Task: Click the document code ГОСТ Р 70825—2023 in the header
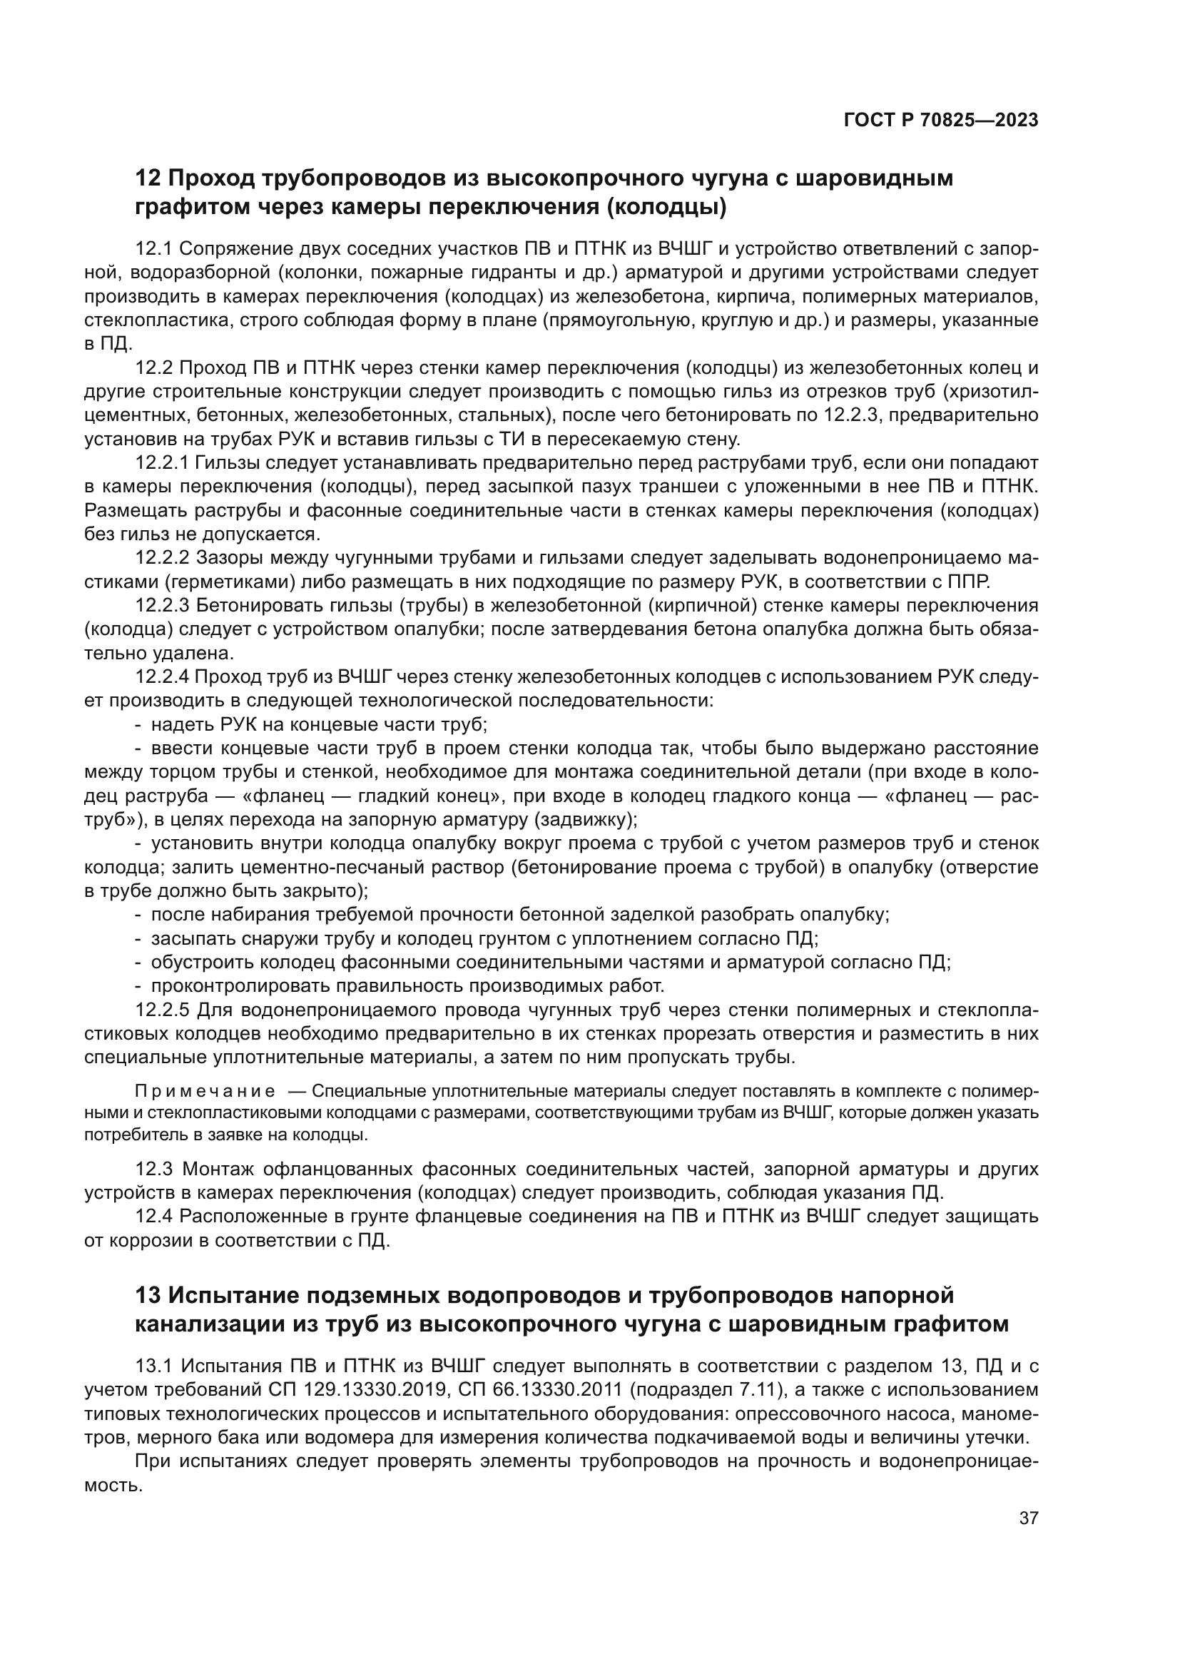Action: (x=940, y=121)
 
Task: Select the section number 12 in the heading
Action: (x=148, y=178)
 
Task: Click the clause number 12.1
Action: (x=153, y=249)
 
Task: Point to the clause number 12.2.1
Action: (x=162, y=463)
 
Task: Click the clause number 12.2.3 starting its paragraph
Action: (x=162, y=606)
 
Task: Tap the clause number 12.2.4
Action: (x=162, y=676)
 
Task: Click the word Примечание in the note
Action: (x=205, y=1092)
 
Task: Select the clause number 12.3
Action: (x=153, y=1169)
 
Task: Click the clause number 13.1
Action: (x=153, y=1366)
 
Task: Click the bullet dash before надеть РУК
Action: (x=138, y=725)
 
